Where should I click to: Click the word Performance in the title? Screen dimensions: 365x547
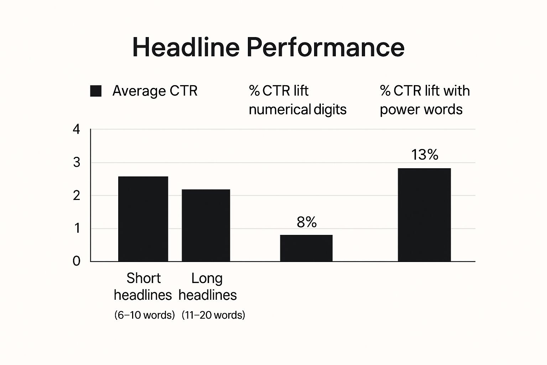pos(325,47)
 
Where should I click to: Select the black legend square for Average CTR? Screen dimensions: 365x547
pos(96,91)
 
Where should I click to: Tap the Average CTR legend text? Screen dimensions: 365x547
pos(155,91)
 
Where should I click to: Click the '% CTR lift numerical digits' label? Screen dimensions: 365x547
pos(297,100)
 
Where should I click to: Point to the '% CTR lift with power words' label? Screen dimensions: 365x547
pos(424,100)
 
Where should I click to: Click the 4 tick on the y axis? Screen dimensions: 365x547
pos(77,129)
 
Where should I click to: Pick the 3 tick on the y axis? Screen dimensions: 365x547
pos(77,163)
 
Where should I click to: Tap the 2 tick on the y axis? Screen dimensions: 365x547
pos(77,195)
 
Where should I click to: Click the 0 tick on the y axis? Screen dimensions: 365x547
pos(77,261)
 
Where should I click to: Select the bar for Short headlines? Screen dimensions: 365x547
pos(143,219)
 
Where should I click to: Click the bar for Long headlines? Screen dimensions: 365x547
pos(206,225)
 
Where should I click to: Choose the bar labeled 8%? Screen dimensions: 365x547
pos(306,248)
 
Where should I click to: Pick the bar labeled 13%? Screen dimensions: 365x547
pos(424,215)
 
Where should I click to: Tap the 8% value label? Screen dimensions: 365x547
pos(307,222)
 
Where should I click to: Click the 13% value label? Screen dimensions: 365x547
pos(424,155)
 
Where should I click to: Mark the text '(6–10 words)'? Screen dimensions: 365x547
pos(145,315)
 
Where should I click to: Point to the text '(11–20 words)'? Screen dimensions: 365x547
pos(213,315)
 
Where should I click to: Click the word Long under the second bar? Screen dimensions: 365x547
pos(207,278)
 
